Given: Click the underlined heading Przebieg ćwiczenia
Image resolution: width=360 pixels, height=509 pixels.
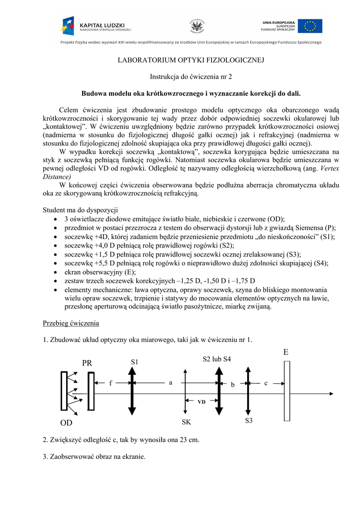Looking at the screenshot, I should tap(71, 323).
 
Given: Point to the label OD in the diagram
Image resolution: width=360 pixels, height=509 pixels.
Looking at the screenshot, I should tap(66, 424).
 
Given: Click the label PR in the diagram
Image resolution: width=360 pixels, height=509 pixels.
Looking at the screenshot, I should tap(88, 363).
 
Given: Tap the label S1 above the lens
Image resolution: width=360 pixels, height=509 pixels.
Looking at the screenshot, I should tap(134, 362).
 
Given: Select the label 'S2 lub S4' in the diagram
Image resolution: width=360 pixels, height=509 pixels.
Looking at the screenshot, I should tap(217, 359).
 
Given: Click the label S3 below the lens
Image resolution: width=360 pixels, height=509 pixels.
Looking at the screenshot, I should tap(249, 421).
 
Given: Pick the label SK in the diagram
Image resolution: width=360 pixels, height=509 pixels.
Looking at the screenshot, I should tap(186, 422).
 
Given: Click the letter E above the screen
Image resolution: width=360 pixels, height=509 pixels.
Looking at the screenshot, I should tap(286, 352).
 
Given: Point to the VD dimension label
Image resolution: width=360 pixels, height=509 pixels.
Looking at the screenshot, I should tap(201, 401).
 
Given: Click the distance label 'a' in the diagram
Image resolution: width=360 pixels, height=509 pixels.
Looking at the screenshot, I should tap(170, 383).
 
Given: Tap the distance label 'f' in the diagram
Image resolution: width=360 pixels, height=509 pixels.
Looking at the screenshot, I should tap(111, 383).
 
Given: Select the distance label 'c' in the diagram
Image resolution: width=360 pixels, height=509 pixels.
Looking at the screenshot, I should tap(266, 383).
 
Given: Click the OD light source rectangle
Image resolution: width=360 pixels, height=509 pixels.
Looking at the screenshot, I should tap(64, 391).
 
